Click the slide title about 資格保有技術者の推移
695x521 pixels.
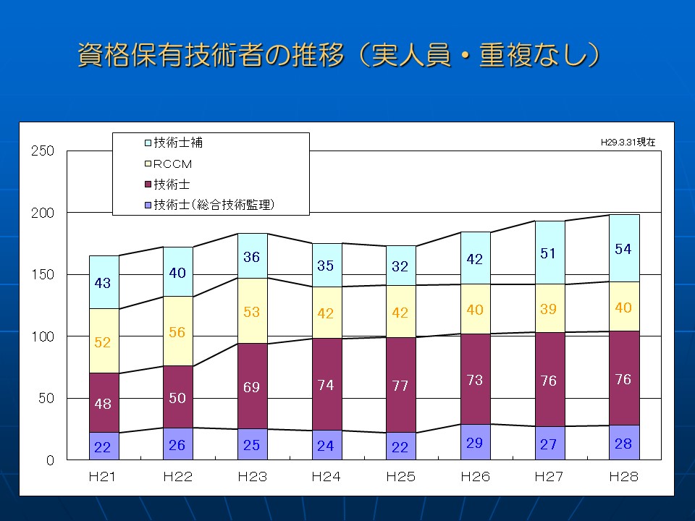(339, 55)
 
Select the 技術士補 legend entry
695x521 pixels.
(178, 143)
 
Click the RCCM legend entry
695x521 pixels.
(173, 164)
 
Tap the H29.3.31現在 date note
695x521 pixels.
(628, 143)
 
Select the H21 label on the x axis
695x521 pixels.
(103, 477)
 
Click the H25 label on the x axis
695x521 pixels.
(400, 477)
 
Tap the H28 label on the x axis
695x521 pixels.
(623, 477)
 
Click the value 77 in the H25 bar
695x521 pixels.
(400, 386)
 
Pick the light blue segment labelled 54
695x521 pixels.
(623, 249)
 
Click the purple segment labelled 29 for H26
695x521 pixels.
(475, 442)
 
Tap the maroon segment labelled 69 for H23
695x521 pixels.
(252, 387)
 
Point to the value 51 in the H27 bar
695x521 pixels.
(549, 253)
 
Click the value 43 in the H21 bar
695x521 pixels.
(103, 283)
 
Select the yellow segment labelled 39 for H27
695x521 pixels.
(549, 309)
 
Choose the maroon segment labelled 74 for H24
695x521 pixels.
(326, 386)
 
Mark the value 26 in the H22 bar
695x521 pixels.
(177, 445)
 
